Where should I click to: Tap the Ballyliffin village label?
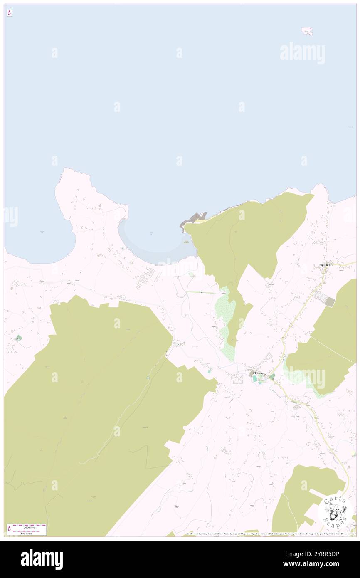325,265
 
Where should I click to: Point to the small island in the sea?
307,31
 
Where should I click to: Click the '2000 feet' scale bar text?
30,527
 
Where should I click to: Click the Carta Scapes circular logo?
335,511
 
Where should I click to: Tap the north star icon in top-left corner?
9,13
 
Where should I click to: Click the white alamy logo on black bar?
42,559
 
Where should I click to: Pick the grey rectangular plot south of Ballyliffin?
329,302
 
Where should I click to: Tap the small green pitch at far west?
18,338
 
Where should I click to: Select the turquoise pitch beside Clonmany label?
255,379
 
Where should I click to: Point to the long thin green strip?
202,293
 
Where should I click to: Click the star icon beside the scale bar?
10,529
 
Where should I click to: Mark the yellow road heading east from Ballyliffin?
345,264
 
